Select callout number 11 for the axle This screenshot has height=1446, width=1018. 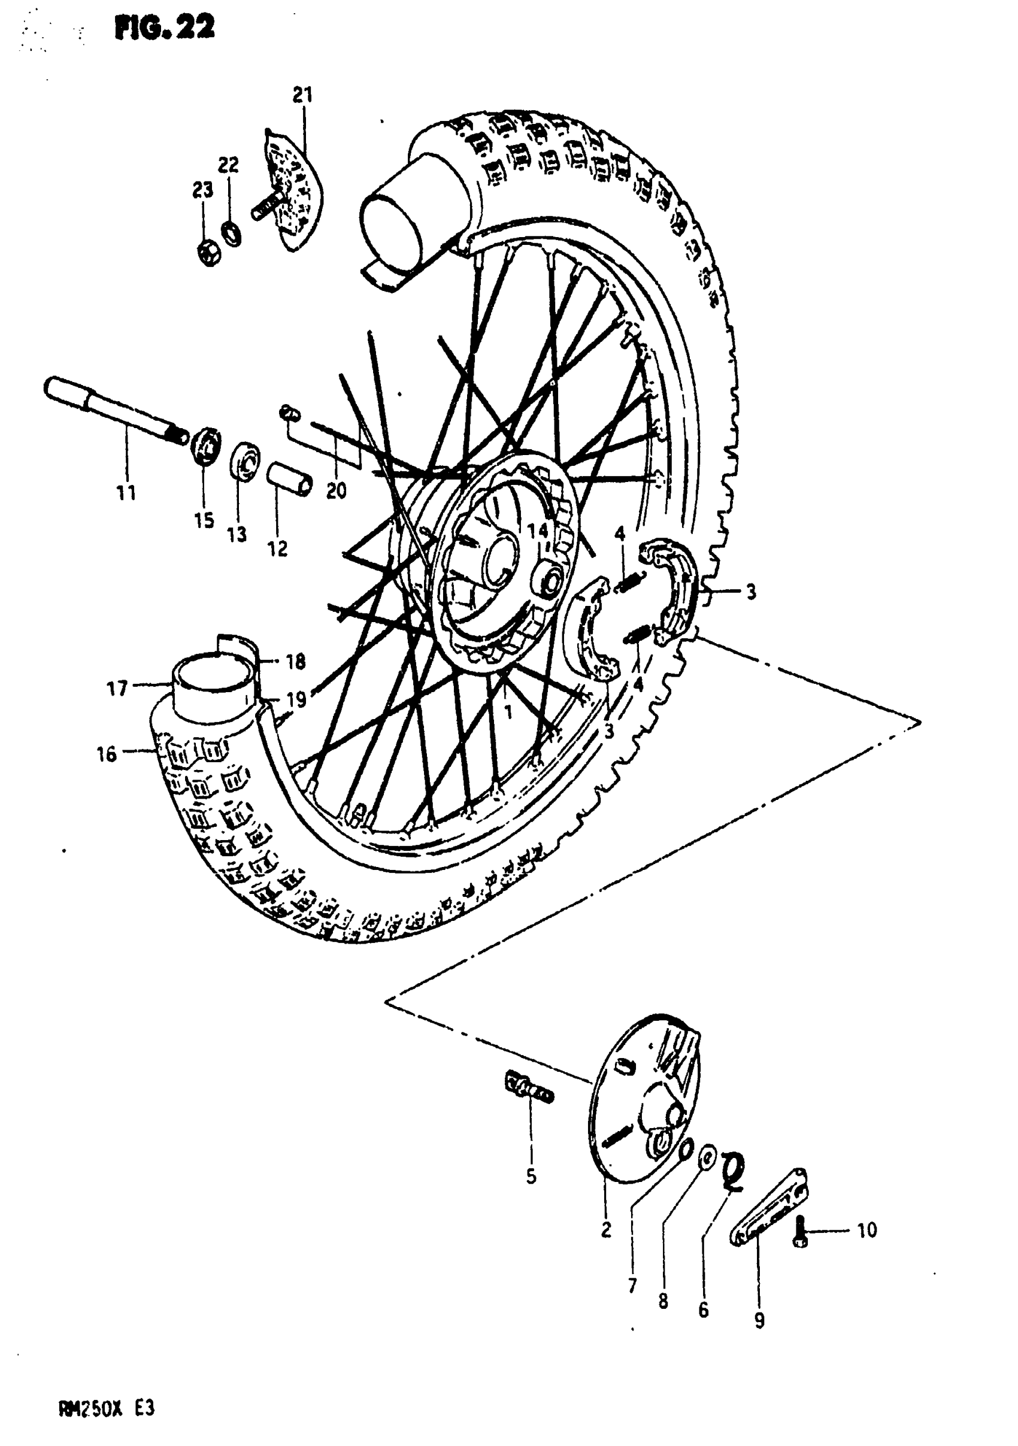click(126, 493)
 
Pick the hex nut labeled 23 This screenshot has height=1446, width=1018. click(208, 253)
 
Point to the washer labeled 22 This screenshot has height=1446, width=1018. click(231, 233)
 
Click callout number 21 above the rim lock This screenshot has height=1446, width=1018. click(302, 95)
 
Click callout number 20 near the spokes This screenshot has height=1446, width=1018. click(337, 490)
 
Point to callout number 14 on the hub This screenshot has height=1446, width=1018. click(537, 530)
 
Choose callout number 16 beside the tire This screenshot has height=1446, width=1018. click(107, 753)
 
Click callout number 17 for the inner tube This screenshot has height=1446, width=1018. click(118, 689)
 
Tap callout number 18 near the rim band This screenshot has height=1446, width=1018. click(295, 661)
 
